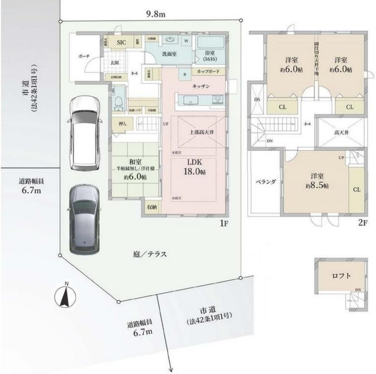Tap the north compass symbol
pos(66,295)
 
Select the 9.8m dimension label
pos(155,14)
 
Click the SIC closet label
pos(121,43)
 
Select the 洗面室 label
pos(169,54)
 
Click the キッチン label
pos(201,86)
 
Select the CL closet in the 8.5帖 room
pos(356,190)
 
